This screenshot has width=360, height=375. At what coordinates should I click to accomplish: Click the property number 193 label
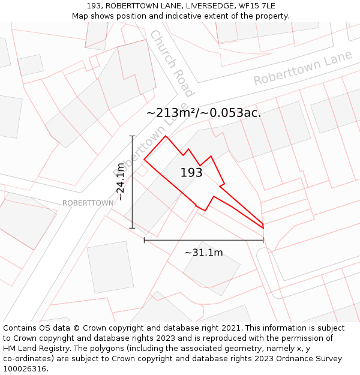coord(191,173)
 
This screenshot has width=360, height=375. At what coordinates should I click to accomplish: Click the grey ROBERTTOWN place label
coord(88,203)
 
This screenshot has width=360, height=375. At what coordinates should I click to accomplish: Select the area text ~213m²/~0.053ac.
coord(203,113)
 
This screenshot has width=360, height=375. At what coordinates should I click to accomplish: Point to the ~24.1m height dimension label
coord(120,182)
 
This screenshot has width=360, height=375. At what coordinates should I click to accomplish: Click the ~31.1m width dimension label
coord(203,253)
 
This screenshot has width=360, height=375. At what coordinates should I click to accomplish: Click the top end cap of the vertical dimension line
coord(132,136)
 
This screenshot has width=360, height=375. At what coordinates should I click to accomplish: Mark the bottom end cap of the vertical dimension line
coord(132,228)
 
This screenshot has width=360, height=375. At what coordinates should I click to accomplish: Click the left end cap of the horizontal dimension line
coord(144,240)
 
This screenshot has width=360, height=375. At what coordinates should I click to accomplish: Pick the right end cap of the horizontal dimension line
coord(263,240)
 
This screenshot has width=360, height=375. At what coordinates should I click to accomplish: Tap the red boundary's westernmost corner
coord(145,160)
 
